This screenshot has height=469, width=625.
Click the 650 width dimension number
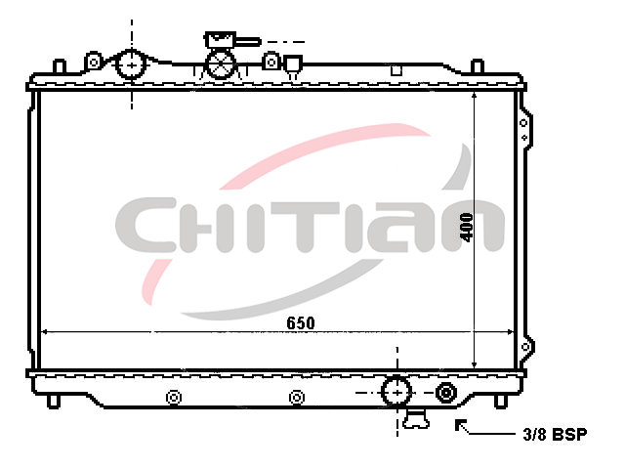click(x=301, y=323)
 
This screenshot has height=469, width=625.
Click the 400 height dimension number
click(x=467, y=228)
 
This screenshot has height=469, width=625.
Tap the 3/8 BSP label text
click(x=555, y=434)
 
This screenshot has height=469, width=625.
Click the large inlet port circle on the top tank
click(x=131, y=64)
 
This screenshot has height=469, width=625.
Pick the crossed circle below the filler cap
click(x=221, y=64)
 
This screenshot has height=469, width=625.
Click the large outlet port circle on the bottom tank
click(x=396, y=393)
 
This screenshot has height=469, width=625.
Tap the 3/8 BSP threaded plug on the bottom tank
click(x=445, y=393)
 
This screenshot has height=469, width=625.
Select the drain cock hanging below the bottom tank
click(x=416, y=418)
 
